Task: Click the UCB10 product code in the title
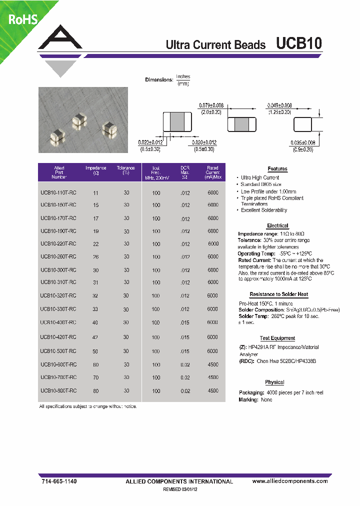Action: point(299,43)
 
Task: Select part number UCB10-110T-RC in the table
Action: point(58,192)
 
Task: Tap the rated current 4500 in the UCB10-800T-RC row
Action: point(212,390)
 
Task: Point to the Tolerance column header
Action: point(125,170)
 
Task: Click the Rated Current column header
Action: point(212,172)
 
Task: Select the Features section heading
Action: point(277,169)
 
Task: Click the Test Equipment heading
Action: point(277,338)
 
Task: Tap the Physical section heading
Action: point(274,382)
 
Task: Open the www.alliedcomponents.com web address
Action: point(290,481)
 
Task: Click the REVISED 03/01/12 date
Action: point(180,490)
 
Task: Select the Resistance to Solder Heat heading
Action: point(278,295)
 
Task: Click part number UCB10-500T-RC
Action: point(58,351)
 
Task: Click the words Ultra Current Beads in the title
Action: point(215,45)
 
